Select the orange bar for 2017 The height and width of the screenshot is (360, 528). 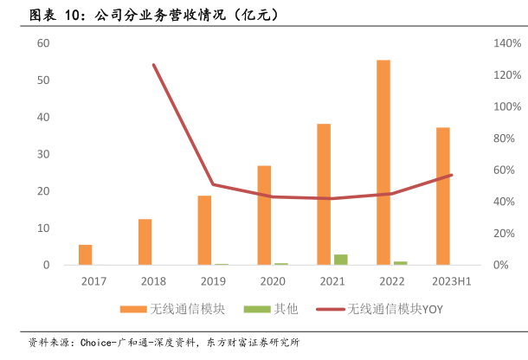[85, 254]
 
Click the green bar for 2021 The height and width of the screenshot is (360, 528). [341, 260]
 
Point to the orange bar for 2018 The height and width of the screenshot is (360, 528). [145, 241]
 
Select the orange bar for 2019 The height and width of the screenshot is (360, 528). [204, 230]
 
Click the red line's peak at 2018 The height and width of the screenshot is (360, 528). [153, 65]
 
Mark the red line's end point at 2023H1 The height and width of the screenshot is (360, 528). [451, 175]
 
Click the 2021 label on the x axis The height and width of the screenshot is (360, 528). [332, 281]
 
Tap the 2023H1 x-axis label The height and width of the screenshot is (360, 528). [451, 281]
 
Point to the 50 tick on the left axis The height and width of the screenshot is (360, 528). [42, 80]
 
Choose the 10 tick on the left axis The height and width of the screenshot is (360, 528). [42, 228]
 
